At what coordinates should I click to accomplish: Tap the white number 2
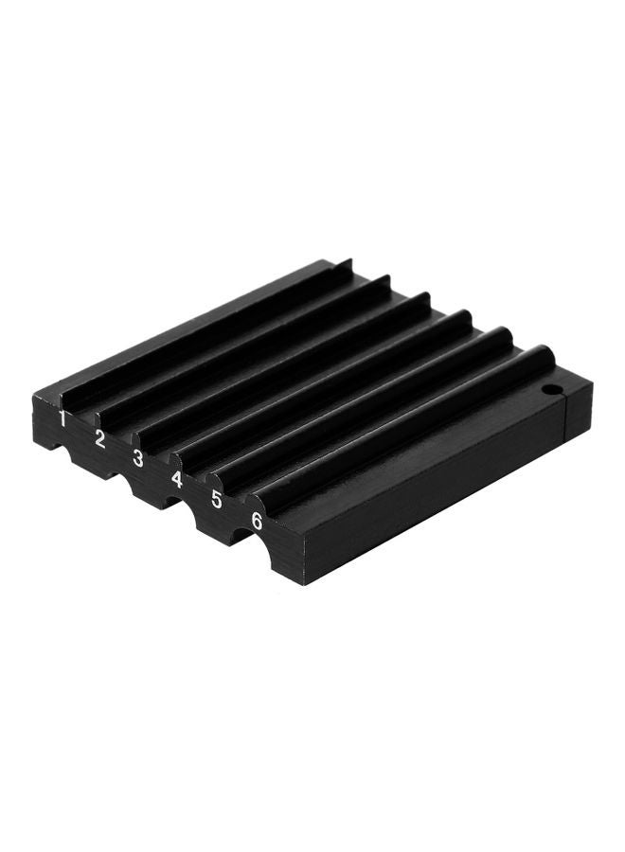100,438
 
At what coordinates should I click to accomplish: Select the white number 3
138,459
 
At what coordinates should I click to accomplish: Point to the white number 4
177,479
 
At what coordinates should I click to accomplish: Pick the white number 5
217,500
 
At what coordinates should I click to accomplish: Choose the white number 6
257,521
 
